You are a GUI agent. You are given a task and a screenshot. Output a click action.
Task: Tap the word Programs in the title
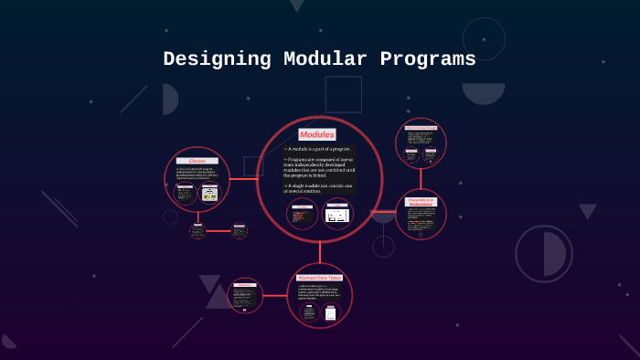[x=425, y=59]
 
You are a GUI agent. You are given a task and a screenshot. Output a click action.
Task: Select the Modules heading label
[x=317, y=134]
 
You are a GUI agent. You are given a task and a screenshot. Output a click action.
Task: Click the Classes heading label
[x=197, y=161]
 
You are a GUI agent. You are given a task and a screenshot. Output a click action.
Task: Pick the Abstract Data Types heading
[x=319, y=277]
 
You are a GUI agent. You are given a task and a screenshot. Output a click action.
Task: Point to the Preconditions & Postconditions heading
[x=421, y=202]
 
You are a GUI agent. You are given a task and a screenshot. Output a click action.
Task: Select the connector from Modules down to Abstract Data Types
[x=319, y=252]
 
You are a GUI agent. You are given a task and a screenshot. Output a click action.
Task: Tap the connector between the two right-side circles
[x=421, y=178]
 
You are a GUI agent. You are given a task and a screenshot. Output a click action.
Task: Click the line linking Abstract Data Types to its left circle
[x=274, y=295]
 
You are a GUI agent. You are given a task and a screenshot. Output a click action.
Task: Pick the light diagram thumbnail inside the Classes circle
[x=210, y=193]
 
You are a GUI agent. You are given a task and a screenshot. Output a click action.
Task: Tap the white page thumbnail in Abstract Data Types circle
[x=330, y=312]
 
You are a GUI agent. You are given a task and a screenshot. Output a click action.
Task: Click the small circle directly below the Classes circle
[x=197, y=230]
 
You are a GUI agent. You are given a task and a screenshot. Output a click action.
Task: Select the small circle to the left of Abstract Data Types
[x=245, y=295]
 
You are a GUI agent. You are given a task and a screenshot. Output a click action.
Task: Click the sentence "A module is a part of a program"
[x=317, y=149]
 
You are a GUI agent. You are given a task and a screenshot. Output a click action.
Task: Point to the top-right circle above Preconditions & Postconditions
[x=421, y=143]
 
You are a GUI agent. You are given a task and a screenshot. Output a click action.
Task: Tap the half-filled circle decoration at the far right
[x=544, y=254]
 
